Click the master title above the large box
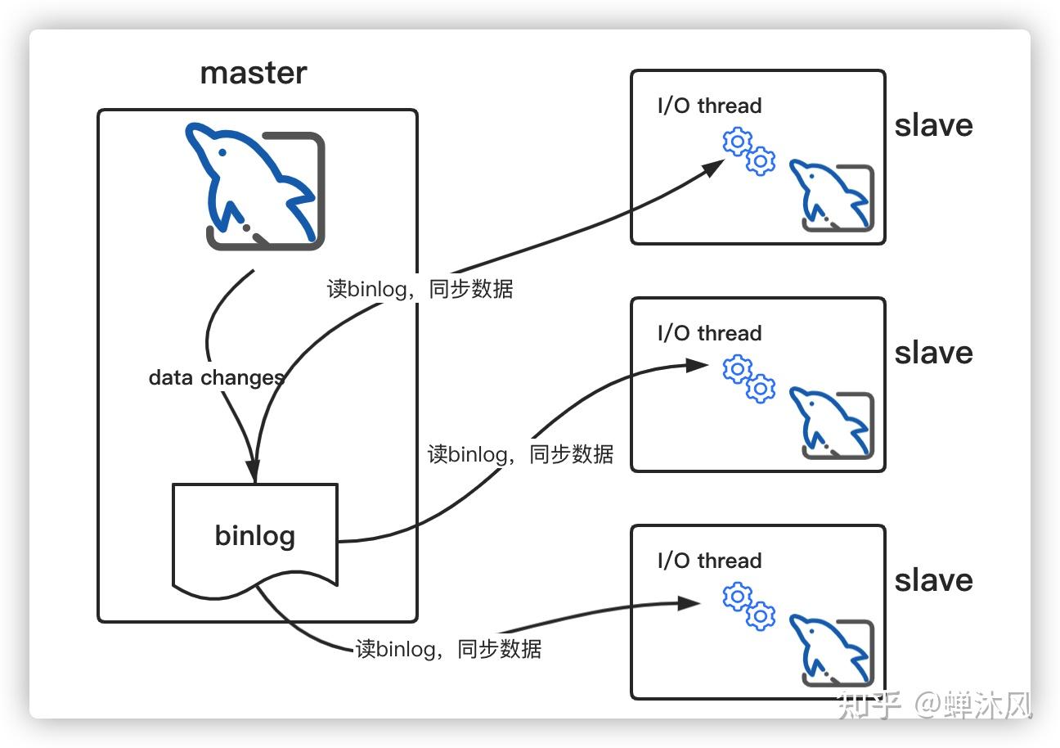click(x=254, y=74)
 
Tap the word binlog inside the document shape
click(x=255, y=536)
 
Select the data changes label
click(x=216, y=378)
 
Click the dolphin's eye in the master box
click(x=222, y=152)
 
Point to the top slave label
click(x=934, y=125)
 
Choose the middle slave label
click(x=934, y=353)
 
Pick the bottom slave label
click(x=934, y=580)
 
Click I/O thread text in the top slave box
click(x=710, y=106)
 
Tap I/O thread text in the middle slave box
click(x=710, y=333)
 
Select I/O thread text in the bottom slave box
click(x=710, y=561)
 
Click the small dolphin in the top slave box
click(x=831, y=196)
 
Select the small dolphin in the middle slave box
click(x=831, y=423)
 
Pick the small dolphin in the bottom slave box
click(x=831, y=651)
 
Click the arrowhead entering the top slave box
click(x=713, y=167)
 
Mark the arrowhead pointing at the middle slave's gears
click(x=698, y=365)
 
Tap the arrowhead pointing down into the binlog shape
click(x=254, y=471)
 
